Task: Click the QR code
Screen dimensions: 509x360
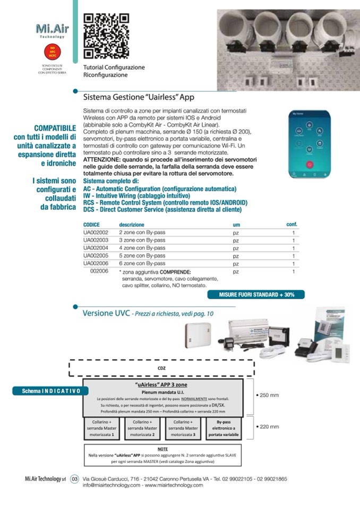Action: (106, 36)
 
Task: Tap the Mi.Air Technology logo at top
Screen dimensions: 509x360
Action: (52, 30)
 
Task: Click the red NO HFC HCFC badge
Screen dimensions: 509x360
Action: (52, 52)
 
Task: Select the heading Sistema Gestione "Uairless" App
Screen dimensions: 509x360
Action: (139, 97)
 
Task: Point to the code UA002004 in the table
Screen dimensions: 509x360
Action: (96, 248)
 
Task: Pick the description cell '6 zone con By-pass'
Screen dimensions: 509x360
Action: (142, 263)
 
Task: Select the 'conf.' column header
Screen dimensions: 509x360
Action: (292, 225)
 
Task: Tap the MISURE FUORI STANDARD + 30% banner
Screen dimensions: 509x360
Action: (254, 294)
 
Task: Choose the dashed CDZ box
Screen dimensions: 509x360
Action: (161, 367)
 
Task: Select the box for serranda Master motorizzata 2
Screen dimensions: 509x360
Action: (142, 428)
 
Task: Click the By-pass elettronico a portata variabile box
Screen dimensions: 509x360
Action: (224, 428)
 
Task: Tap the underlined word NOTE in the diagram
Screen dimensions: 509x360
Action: (163, 449)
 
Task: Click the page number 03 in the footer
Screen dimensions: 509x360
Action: (74, 479)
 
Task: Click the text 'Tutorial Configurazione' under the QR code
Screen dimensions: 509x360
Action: (114, 67)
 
